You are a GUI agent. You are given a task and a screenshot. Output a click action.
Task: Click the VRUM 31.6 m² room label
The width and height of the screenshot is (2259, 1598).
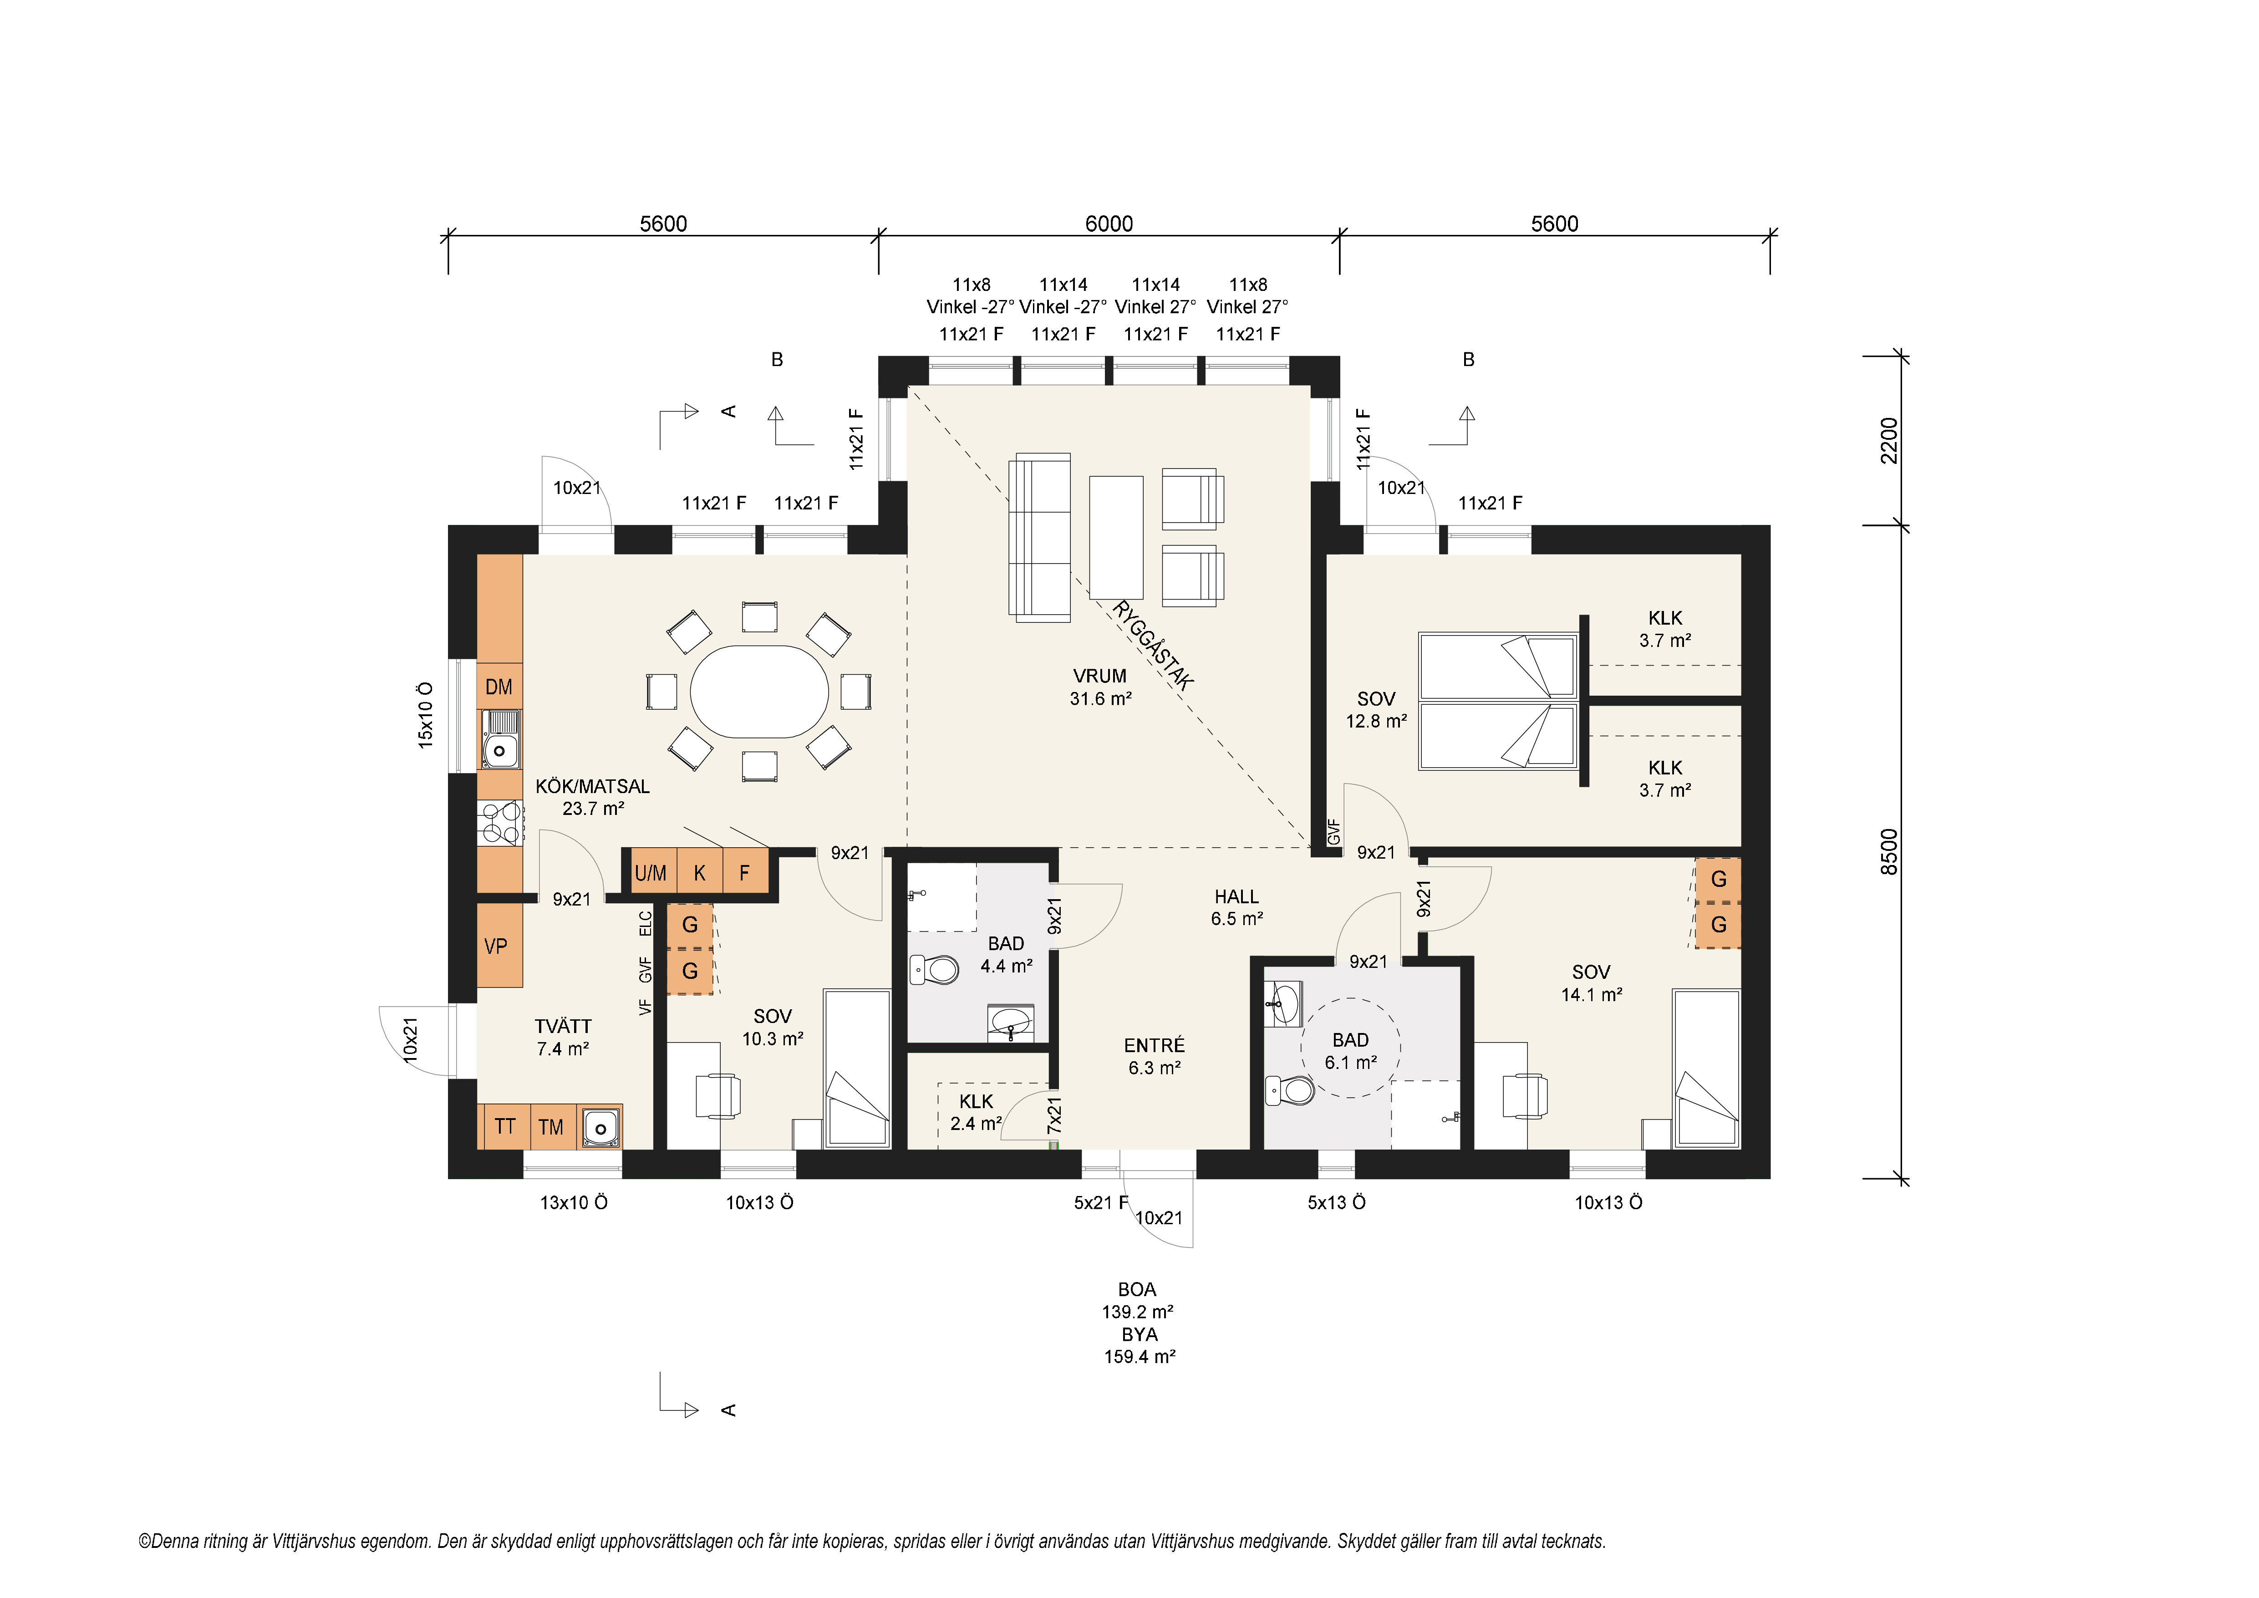pyautogui.click(x=1100, y=687)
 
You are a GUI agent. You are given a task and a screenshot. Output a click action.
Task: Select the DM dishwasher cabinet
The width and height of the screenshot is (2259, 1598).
pyautogui.click(x=499, y=687)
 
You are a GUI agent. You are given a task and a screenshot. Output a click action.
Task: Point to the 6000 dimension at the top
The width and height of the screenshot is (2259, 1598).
pyautogui.click(x=1109, y=224)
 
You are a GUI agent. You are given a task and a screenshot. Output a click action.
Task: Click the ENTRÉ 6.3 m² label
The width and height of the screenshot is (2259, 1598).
pyautogui.click(x=1154, y=1056)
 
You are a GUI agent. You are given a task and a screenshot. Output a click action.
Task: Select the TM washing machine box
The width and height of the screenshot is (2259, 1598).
pyautogui.click(x=551, y=1127)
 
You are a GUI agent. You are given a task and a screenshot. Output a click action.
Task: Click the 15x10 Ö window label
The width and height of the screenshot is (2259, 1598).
pyautogui.click(x=425, y=714)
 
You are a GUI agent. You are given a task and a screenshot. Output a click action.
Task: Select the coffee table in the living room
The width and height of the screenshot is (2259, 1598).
pyautogui.click(x=1116, y=537)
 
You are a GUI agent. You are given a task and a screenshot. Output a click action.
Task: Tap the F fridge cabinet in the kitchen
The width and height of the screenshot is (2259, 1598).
pyautogui.click(x=745, y=872)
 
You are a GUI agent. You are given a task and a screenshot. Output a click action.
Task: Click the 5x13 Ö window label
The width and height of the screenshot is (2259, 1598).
pyautogui.click(x=1336, y=1202)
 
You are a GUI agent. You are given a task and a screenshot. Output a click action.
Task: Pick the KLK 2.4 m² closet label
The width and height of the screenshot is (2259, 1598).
pyautogui.click(x=976, y=1112)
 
